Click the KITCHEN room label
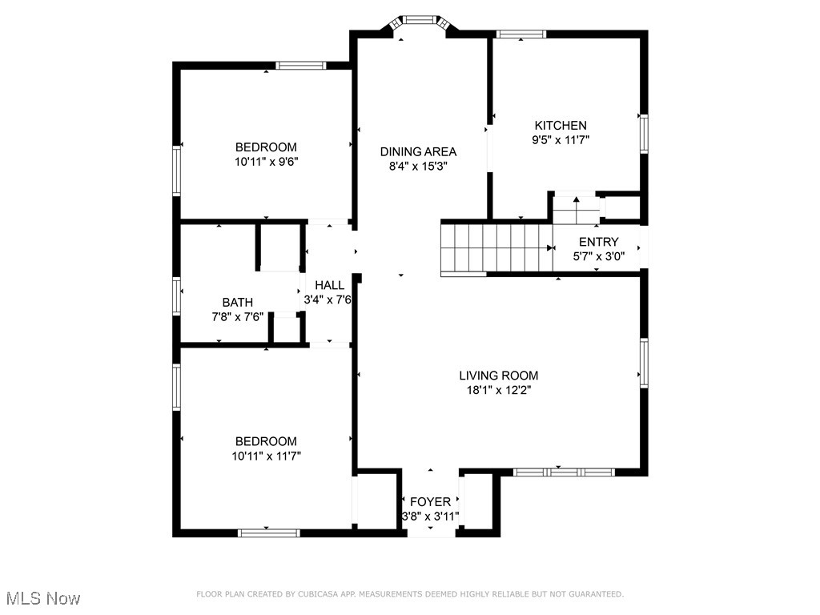point(561,126)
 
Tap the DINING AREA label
point(418,152)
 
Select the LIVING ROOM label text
point(498,376)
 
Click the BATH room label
point(238,303)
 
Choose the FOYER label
point(430,502)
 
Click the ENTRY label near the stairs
point(598,243)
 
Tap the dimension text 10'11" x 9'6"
point(267,162)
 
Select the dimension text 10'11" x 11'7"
point(267,456)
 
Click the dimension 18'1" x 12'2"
point(498,390)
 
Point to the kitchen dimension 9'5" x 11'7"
point(561,140)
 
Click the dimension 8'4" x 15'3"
point(418,167)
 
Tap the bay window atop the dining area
point(418,21)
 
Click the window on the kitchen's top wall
point(521,34)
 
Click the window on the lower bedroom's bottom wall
point(268,532)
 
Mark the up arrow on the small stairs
point(576,200)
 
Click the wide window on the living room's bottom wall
point(563,472)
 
